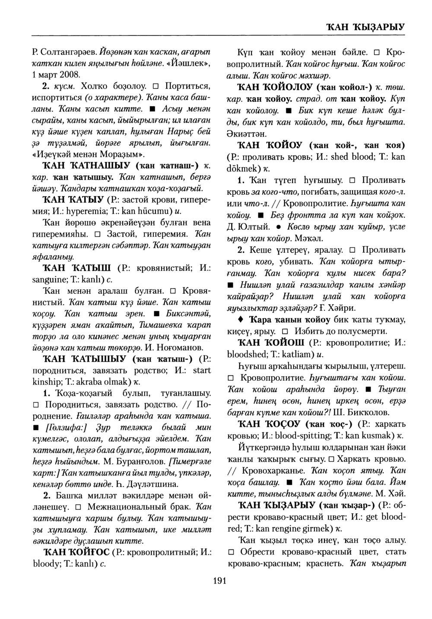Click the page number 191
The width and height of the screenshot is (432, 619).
pos(219,581)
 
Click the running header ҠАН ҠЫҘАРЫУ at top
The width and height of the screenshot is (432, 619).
pos(365,26)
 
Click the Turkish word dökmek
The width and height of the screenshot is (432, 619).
pos(243,168)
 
